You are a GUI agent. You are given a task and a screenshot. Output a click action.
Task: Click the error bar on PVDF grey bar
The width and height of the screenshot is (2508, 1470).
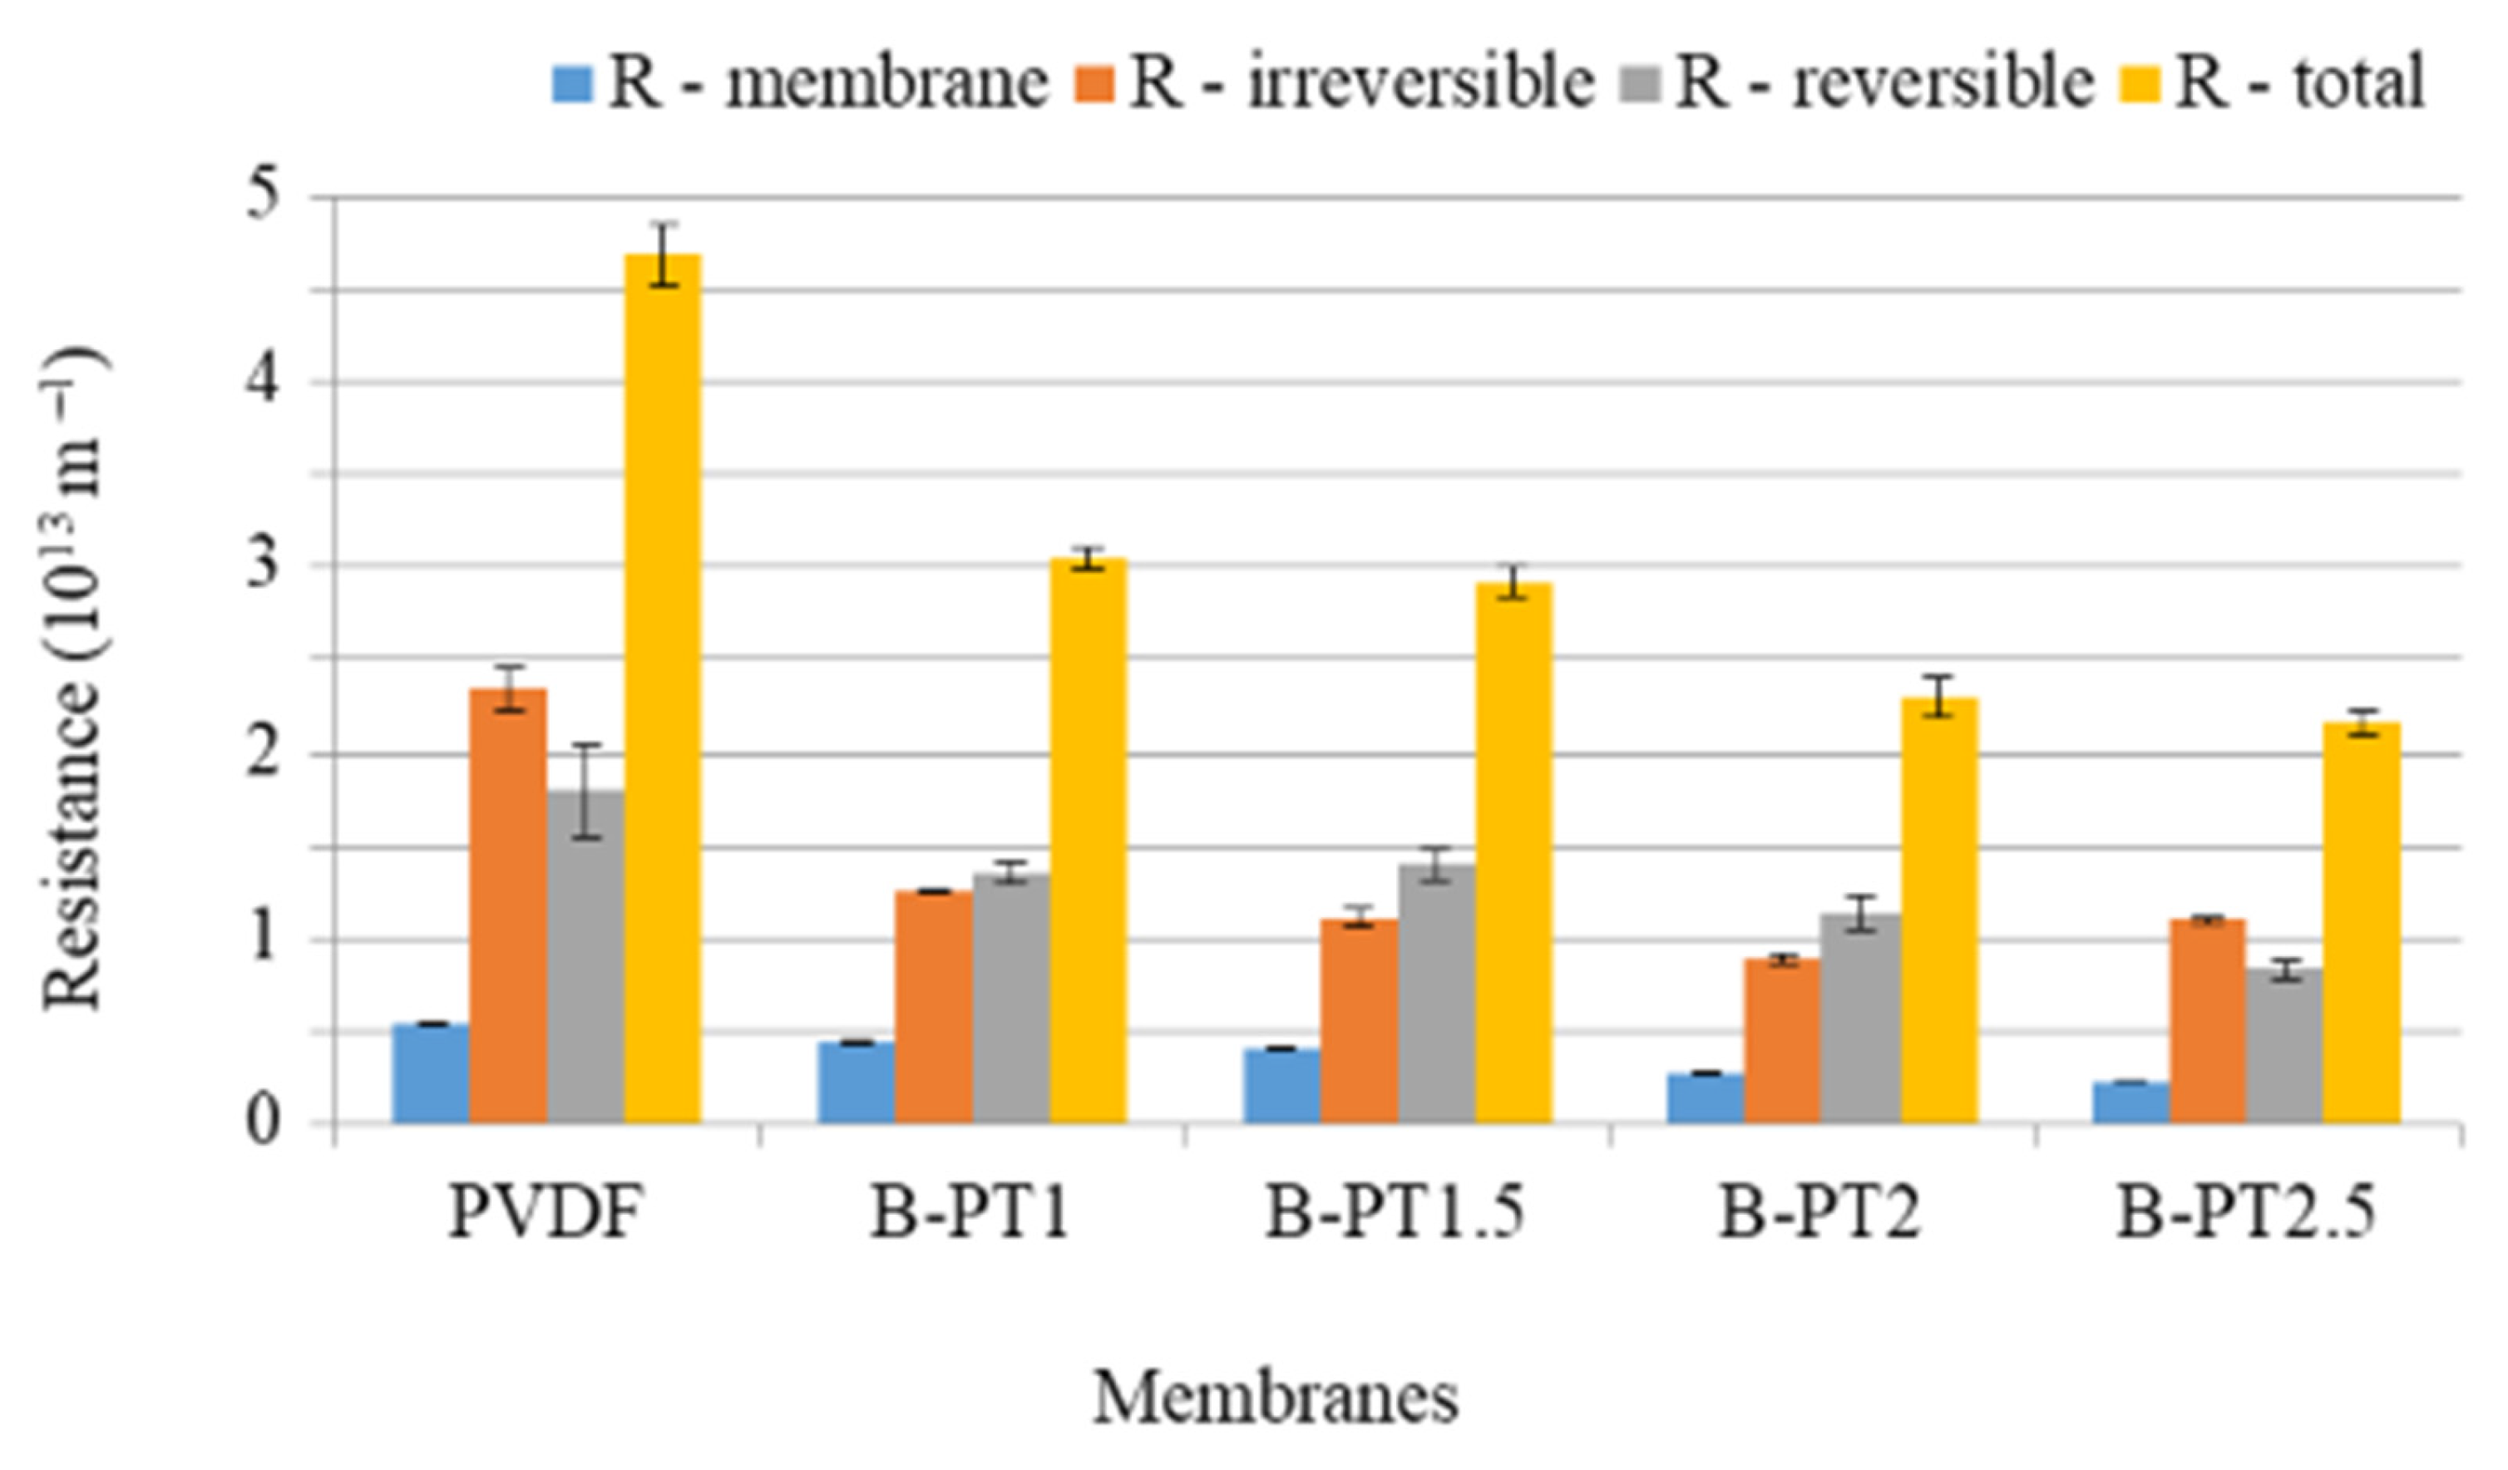click(x=586, y=792)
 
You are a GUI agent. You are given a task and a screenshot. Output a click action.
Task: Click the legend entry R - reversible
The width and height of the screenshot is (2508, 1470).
click(x=1884, y=81)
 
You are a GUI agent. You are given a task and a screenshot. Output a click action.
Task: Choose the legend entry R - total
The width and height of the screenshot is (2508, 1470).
click(x=2299, y=81)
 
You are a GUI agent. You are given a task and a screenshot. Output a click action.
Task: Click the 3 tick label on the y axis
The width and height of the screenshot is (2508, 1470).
click(x=263, y=565)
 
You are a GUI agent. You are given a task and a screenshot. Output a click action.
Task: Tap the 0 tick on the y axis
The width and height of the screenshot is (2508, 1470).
click(x=263, y=1122)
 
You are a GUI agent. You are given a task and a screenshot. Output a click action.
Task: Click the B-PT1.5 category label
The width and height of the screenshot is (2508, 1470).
click(x=1395, y=1213)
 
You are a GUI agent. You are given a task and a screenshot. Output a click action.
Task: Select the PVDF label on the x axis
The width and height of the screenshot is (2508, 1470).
click(x=543, y=1213)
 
